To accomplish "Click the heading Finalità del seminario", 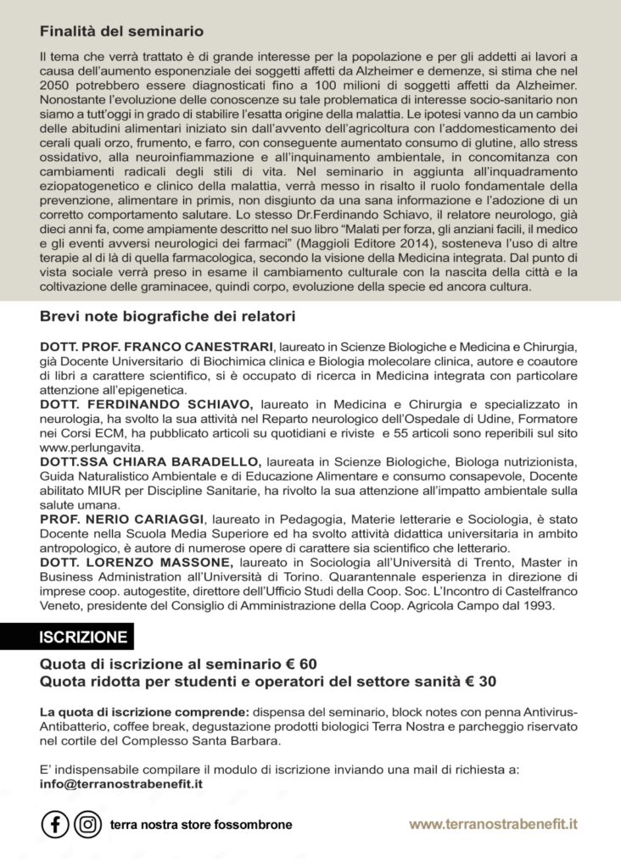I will (121, 31).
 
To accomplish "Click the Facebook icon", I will (55, 823).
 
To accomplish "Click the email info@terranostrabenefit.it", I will (121, 784).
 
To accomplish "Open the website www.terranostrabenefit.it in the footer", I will (494, 823).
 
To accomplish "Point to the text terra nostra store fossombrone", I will (201, 824).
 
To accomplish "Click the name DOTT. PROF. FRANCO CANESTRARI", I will (157, 348).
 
